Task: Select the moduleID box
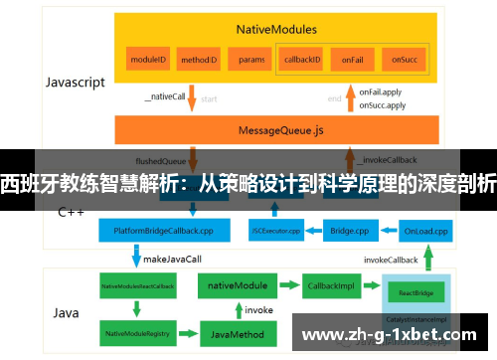pyautogui.click(x=147, y=60)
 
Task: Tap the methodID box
pyautogui.click(x=199, y=60)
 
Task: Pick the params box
pyautogui.click(x=251, y=60)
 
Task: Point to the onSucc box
pyautogui.click(x=403, y=60)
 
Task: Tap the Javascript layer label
pyautogui.click(x=76, y=83)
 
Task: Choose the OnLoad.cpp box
pyautogui.click(x=426, y=232)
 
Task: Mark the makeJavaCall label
pyautogui.click(x=173, y=258)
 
